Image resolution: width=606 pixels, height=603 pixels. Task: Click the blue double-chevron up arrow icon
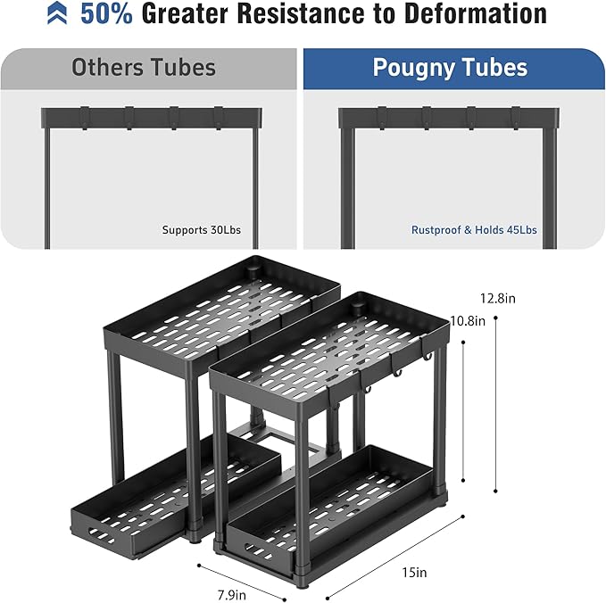(57, 12)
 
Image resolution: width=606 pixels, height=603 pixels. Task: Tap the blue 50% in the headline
(107, 13)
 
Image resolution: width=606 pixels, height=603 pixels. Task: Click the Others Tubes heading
(144, 67)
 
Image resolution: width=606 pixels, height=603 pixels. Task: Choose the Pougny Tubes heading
(450, 67)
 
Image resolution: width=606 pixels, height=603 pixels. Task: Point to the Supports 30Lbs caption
(202, 230)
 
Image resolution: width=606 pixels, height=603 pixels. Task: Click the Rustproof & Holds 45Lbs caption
(474, 230)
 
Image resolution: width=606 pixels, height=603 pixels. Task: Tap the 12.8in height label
(498, 299)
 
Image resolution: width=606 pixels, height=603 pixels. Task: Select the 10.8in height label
(468, 321)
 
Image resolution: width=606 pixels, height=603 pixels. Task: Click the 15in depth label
(414, 572)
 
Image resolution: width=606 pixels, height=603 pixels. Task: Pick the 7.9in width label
(231, 595)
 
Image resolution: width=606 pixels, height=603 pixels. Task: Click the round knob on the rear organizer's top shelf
(253, 271)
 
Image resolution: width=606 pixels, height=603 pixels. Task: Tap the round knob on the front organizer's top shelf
(358, 309)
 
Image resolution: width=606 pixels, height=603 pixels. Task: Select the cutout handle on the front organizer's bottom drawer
(255, 549)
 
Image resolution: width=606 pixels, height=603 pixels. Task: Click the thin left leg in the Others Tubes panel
(47, 188)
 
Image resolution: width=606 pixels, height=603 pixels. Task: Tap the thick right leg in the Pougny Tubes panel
(550, 188)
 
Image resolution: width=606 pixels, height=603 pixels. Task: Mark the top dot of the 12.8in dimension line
(495, 318)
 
